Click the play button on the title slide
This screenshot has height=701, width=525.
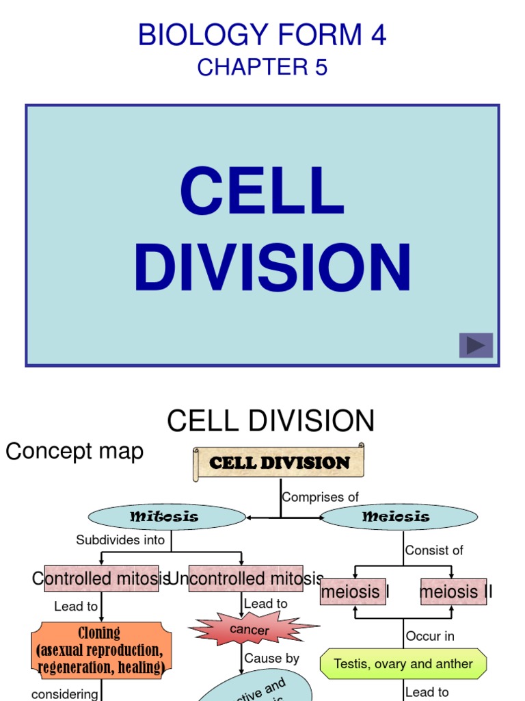(476, 345)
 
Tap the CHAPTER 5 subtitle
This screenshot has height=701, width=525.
(262, 67)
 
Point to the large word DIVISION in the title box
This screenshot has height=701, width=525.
(272, 268)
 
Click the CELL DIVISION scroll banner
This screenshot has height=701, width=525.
(279, 463)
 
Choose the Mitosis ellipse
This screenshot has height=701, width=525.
(167, 518)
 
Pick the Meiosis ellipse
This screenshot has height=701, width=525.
(399, 518)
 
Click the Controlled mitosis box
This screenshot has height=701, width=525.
(101, 578)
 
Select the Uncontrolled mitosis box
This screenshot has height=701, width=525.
(245, 578)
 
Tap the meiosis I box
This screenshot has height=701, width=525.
(353, 591)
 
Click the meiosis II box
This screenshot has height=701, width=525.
(453, 591)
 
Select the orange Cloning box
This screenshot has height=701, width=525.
(100, 650)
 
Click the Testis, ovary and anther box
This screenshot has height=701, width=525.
(403, 664)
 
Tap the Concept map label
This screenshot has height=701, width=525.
(75, 451)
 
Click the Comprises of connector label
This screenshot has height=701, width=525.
(320, 497)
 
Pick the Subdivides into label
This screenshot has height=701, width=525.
(120, 539)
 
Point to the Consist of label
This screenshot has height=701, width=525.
(434, 550)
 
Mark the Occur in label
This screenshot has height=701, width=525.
(430, 636)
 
